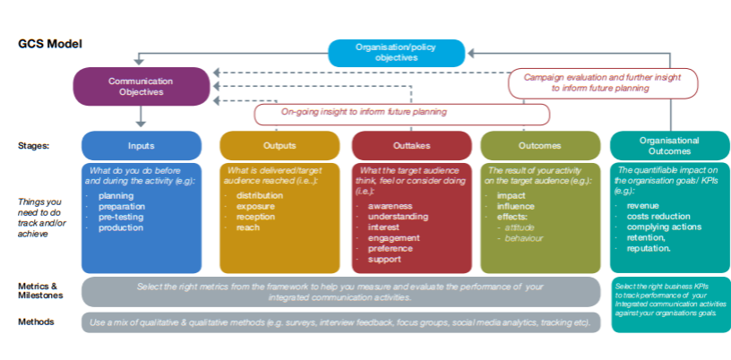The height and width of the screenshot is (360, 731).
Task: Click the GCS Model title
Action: pyautogui.click(x=50, y=44)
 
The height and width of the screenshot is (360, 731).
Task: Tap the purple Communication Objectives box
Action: pyautogui.click(x=141, y=86)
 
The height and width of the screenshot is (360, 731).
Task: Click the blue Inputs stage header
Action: pyautogui.click(x=142, y=145)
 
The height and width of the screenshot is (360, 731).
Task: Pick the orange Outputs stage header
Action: pyautogui.click(x=280, y=145)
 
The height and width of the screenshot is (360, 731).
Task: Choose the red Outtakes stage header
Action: pyautogui.click(x=411, y=145)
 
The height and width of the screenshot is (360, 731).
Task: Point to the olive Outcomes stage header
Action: pyautogui.click(x=540, y=145)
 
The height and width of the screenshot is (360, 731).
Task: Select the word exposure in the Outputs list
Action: pyautogui.click(x=254, y=206)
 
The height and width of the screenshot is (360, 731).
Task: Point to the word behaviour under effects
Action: pyautogui.click(x=524, y=238)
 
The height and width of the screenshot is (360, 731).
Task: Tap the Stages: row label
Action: pyautogui.click(x=34, y=144)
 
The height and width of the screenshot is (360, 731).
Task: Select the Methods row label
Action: pyautogui.click(x=36, y=321)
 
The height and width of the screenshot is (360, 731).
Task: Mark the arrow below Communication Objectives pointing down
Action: pyautogui.click(x=141, y=117)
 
